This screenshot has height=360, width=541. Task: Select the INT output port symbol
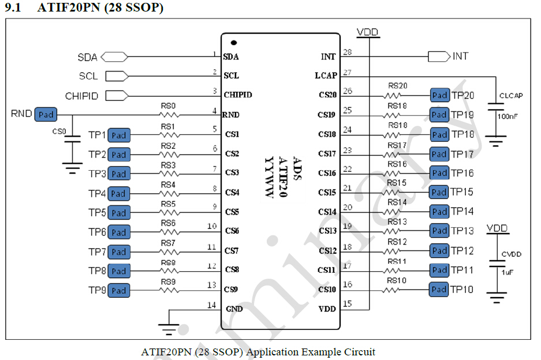pos(439,57)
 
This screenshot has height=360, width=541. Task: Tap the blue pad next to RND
pos(46,114)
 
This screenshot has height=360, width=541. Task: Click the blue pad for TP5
pos(118,213)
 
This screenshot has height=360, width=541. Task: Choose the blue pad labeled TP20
pos(440,95)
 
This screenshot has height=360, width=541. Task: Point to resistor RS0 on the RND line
pos(168,115)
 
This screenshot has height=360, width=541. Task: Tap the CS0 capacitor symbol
pos(72,140)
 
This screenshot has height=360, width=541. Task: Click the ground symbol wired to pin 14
pos(169,330)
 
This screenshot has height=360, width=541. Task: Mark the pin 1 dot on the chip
pos(234,43)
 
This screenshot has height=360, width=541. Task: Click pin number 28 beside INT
pos(348,52)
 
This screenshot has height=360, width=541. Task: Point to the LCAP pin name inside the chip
pos(326,76)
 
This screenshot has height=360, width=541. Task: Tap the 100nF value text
pos(508,116)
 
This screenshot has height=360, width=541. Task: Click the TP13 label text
pos(462,231)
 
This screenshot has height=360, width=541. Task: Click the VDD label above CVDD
pos(497,228)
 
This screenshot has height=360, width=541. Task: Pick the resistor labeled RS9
pos(168,290)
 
